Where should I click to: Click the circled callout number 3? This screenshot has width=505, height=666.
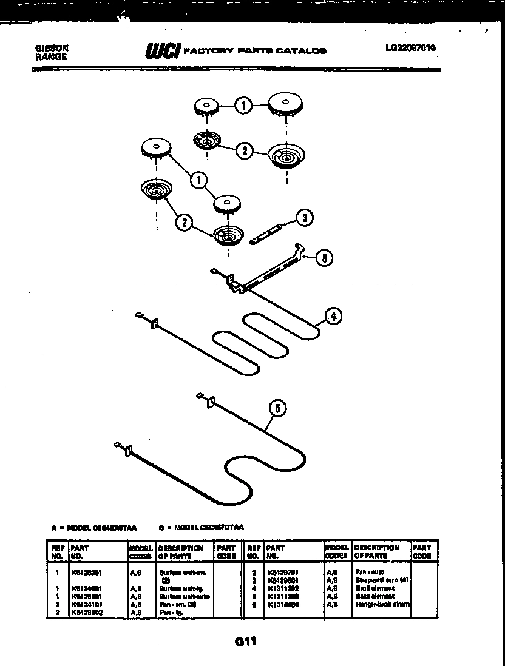point(305,217)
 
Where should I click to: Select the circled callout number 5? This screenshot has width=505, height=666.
point(277,408)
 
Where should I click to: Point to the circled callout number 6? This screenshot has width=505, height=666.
point(325,258)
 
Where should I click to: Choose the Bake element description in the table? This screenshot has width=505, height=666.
point(374,596)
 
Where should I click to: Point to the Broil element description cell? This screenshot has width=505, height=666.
point(375,588)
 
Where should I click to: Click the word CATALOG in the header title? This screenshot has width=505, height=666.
point(301,51)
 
